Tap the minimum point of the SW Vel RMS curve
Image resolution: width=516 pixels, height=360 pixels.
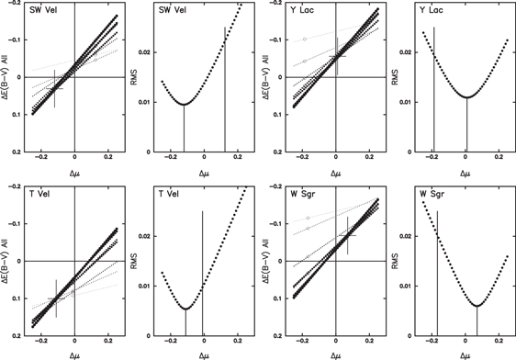pyautogui.click(x=184, y=104)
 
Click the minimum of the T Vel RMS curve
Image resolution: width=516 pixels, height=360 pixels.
pyautogui.click(x=185, y=309)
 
